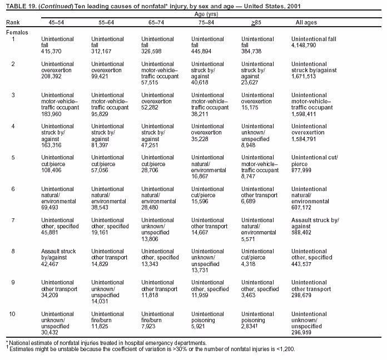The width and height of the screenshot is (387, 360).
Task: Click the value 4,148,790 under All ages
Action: click(x=304, y=45)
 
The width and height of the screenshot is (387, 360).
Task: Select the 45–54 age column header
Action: click(x=49, y=22)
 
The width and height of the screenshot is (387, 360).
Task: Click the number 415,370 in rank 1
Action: click(x=51, y=51)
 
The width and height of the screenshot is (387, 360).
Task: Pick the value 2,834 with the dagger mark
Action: click(x=252, y=326)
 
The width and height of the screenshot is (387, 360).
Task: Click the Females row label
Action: click(x=16, y=32)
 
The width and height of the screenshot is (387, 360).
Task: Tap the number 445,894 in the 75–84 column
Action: click(x=202, y=51)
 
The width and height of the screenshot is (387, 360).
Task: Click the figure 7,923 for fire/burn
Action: click(x=150, y=326)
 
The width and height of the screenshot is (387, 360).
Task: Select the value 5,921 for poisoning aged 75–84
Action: click(x=200, y=326)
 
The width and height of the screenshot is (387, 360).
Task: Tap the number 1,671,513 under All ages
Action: click(x=304, y=76)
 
